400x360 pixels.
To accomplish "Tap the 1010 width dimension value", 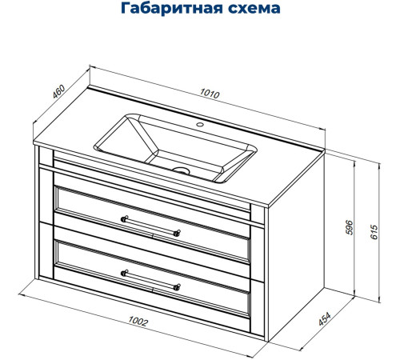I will point(210,94).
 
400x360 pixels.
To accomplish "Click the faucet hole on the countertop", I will point(201,126).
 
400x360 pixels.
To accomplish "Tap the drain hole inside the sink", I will point(182,170).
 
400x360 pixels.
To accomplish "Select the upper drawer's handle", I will point(150,225).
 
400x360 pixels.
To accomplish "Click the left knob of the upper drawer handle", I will point(123,218).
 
